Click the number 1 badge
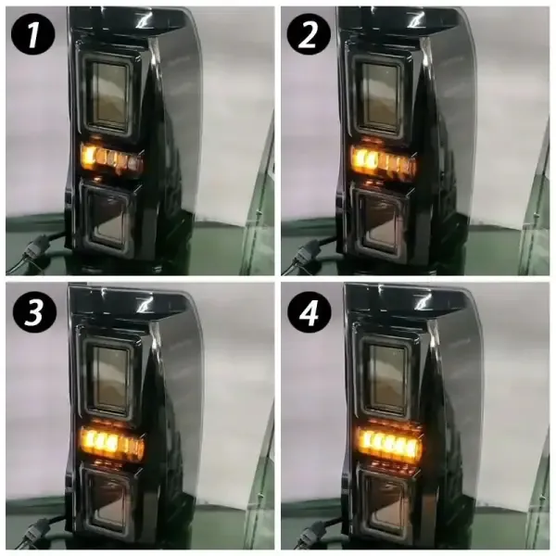click(x=33, y=34)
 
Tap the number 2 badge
click(x=309, y=34)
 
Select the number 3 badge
click(x=34, y=312)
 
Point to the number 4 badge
click(x=310, y=312)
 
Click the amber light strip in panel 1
click(x=112, y=158)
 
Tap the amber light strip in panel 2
click(x=384, y=160)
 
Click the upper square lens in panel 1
click(x=108, y=95)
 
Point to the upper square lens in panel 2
click(x=380, y=96)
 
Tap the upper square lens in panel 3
click(x=109, y=377)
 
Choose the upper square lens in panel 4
click(x=386, y=379)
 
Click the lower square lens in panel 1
click(x=107, y=220)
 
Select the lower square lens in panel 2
click(x=379, y=221)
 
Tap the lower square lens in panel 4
click(x=385, y=506)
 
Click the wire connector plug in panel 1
click(x=33, y=250)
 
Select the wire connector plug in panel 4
click(x=310, y=531)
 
